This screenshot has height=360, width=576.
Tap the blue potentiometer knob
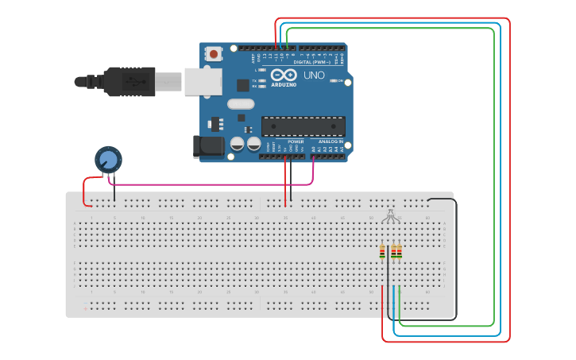109,160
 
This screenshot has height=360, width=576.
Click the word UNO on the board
314,75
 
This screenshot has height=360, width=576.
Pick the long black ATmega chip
303,126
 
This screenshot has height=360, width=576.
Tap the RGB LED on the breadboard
389,215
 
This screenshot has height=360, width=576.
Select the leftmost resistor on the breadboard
382,252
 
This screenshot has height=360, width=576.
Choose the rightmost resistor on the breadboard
399,252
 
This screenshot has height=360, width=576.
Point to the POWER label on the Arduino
296,141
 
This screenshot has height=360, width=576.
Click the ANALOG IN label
331,141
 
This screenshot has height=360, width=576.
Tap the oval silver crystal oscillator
241,103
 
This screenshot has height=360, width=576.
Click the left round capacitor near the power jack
237,144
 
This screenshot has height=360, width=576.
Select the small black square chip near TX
241,118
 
